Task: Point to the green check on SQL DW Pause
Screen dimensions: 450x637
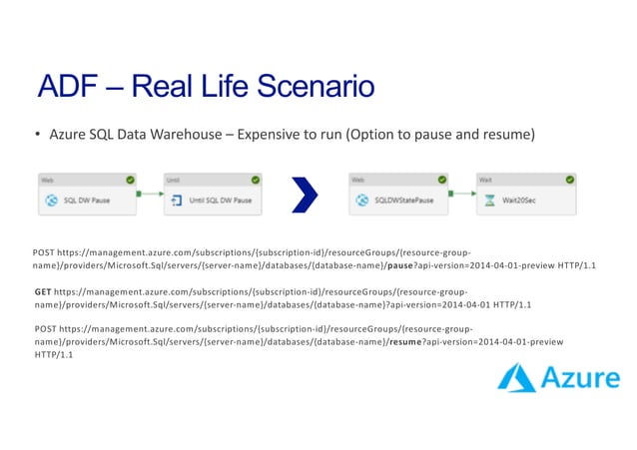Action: (129, 180)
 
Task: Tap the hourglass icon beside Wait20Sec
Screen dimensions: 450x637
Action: (489, 200)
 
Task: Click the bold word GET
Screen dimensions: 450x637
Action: (42, 291)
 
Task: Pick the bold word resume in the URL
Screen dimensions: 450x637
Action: (404, 341)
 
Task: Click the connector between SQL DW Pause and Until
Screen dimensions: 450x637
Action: (150, 194)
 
